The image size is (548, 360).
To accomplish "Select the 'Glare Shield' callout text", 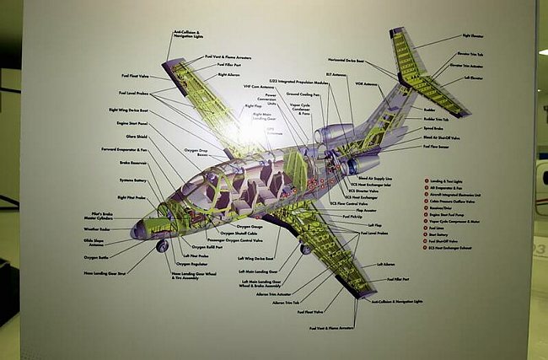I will [137, 136].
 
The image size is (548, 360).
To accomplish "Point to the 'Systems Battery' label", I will [133, 180].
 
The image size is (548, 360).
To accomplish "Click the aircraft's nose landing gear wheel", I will [162, 245].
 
